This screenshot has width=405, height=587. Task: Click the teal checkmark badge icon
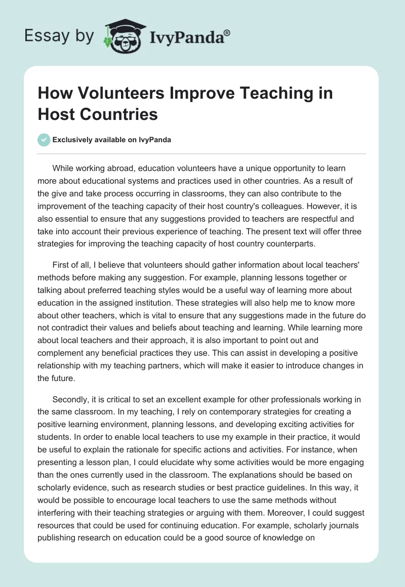(x=44, y=140)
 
